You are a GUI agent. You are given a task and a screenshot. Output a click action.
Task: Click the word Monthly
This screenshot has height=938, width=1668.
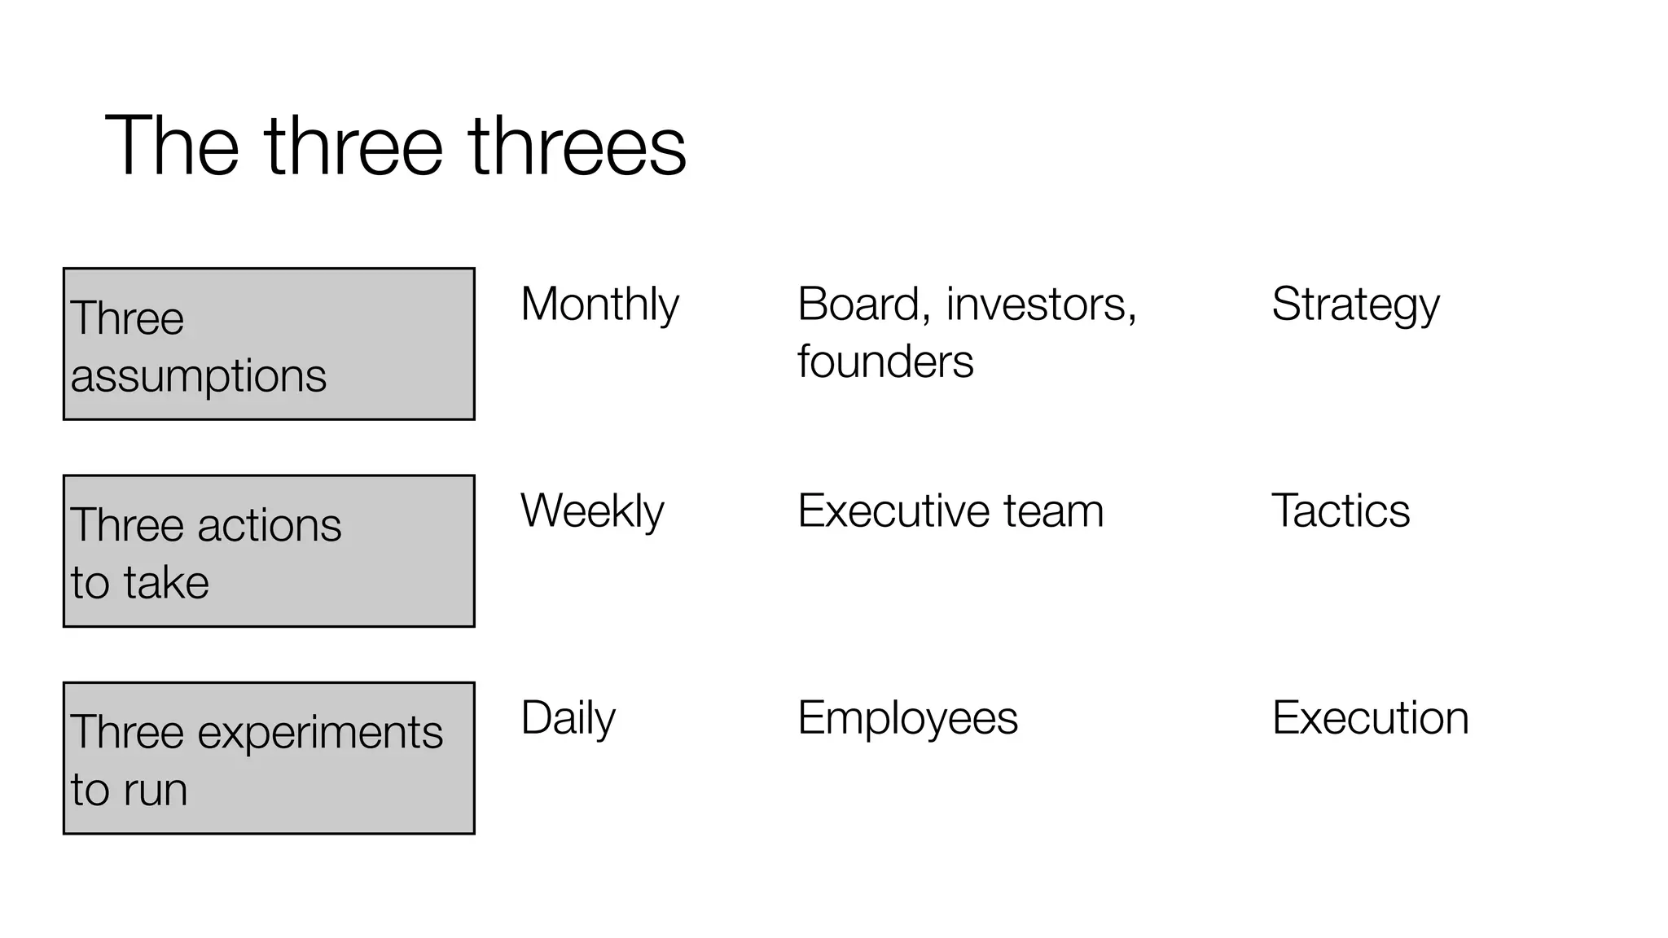pos(599,305)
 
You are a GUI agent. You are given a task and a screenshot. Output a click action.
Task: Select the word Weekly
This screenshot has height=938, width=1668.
pos(592,511)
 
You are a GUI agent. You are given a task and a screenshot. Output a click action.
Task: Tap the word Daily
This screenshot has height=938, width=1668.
pos(568,718)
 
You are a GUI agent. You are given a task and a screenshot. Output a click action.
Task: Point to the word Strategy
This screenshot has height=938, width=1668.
pos(1355,305)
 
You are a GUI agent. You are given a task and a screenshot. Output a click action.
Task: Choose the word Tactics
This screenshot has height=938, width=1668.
pos(1340,511)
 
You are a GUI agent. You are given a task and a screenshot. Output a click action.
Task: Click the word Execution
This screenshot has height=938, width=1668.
pos(1370,718)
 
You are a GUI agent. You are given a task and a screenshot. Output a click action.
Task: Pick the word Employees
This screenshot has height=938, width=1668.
pos(907,718)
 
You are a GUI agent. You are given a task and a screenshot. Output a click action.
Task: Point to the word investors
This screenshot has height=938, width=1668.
pos(1041,305)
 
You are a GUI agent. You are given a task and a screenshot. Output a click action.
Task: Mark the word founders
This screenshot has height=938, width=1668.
pos(885,362)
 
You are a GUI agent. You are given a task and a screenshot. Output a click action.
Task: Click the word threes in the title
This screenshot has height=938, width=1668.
pos(577,147)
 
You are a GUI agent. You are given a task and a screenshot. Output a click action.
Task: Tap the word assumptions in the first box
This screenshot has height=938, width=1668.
pos(198,376)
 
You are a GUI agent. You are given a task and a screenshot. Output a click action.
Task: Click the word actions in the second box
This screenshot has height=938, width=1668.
pos(269,525)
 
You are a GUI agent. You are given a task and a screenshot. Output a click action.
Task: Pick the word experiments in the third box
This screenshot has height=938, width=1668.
pos(320,732)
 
